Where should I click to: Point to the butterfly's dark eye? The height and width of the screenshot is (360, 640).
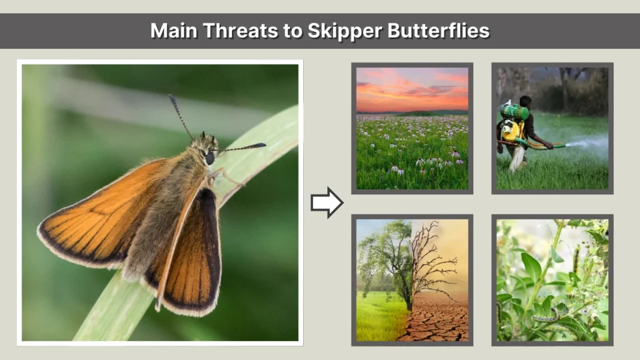210,159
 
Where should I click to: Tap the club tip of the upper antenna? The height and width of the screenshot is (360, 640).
171,98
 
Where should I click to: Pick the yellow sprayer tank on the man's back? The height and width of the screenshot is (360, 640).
512,131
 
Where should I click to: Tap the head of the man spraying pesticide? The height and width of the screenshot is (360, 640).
526,102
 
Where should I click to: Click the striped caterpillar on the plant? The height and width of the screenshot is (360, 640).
545,317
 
